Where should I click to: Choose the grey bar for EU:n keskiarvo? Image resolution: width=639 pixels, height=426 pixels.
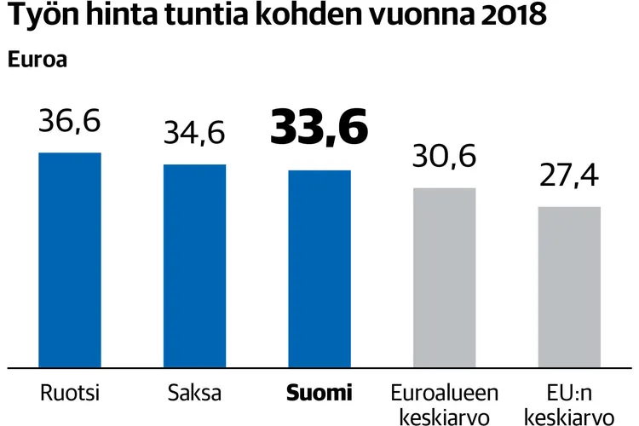click(x=569, y=286)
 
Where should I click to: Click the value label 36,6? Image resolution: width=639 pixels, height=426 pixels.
click(x=70, y=121)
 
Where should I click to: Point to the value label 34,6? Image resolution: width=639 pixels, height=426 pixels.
click(x=194, y=133)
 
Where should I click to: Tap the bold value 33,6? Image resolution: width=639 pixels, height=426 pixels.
click(x=319, y=128)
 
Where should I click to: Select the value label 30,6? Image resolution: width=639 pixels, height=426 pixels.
click(x=444, y=156)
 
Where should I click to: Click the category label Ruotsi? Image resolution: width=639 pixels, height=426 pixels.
click(x=70, y=394)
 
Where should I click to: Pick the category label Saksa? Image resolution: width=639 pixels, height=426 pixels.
click(x=194, y=394)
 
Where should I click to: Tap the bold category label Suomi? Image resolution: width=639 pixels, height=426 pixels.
click(x=319, y=394)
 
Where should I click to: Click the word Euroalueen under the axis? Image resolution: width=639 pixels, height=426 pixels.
click(x=444, y=394)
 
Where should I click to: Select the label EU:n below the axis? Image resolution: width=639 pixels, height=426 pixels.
click(x=569, y=394)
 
